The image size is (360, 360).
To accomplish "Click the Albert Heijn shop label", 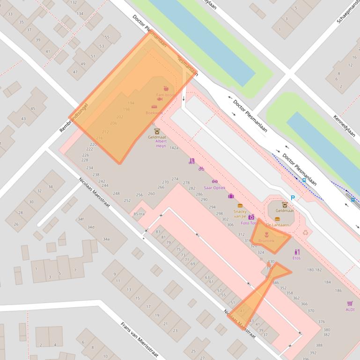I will click(x=161, y=143).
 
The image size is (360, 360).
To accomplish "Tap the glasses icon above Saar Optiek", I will click(x=215, y=181).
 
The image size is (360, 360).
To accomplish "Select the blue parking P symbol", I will click(x=293, y=198).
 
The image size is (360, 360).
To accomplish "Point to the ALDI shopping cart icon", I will click(x=350, y=303).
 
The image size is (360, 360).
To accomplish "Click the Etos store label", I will click(x=296, y=258).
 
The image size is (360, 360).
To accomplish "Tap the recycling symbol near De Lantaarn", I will click(x=306, y=231).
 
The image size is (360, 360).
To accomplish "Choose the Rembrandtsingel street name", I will click(x=73, y=117).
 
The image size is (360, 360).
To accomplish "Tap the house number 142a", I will click(x=174, y=148).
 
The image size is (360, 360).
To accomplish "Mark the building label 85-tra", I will click(x=139, y=214).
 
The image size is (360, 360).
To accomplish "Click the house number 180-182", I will click(x=314, y=270).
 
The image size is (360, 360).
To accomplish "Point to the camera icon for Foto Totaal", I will click(x=251, y=217).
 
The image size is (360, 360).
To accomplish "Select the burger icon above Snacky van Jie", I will click(x=240, y=205).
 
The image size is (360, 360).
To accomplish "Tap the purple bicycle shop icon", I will click(x=201, y=169).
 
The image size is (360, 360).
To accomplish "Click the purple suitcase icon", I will click(x=231, y=196).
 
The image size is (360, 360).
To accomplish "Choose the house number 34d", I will click(x=90, y=227).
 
